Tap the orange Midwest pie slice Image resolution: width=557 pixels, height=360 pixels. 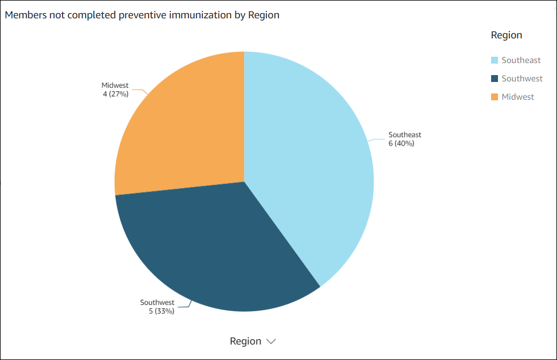183,126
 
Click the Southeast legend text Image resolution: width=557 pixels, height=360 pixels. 521,60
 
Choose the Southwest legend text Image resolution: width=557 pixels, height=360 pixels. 522,79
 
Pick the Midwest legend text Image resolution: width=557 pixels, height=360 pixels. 517,97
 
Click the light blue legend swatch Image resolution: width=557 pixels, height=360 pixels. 495,60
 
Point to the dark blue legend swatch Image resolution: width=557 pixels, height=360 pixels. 495,79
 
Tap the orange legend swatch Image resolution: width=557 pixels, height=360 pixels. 495,97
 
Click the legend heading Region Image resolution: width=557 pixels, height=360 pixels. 507,35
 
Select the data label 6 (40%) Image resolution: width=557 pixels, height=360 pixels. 401,143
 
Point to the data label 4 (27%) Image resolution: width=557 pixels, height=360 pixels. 115,93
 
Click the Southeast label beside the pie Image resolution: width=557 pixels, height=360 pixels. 405,135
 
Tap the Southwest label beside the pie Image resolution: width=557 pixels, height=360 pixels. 157,302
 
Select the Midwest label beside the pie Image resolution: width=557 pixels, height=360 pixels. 115,85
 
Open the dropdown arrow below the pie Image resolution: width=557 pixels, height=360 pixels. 271,341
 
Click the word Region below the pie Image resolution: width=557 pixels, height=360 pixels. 245,341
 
